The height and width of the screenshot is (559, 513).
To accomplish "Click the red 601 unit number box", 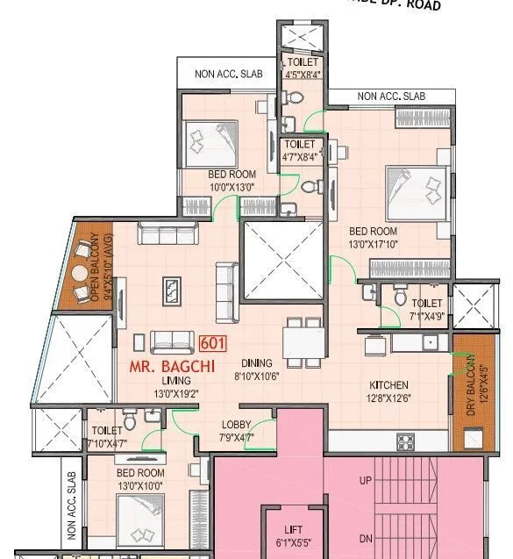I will [213, 343].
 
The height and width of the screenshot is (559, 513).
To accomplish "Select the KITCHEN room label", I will [389, 385].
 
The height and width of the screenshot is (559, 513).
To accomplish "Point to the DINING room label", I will [253, 362].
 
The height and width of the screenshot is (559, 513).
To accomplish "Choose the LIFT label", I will [294, 530].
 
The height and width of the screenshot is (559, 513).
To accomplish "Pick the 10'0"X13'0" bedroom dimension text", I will [232, 187].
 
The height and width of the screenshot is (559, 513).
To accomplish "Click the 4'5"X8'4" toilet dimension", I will [301, 74].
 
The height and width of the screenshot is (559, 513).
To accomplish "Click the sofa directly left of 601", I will [172, 341].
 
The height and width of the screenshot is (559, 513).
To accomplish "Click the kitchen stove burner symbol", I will [405, 440].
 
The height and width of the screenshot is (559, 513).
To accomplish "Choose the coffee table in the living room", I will [173, 289].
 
